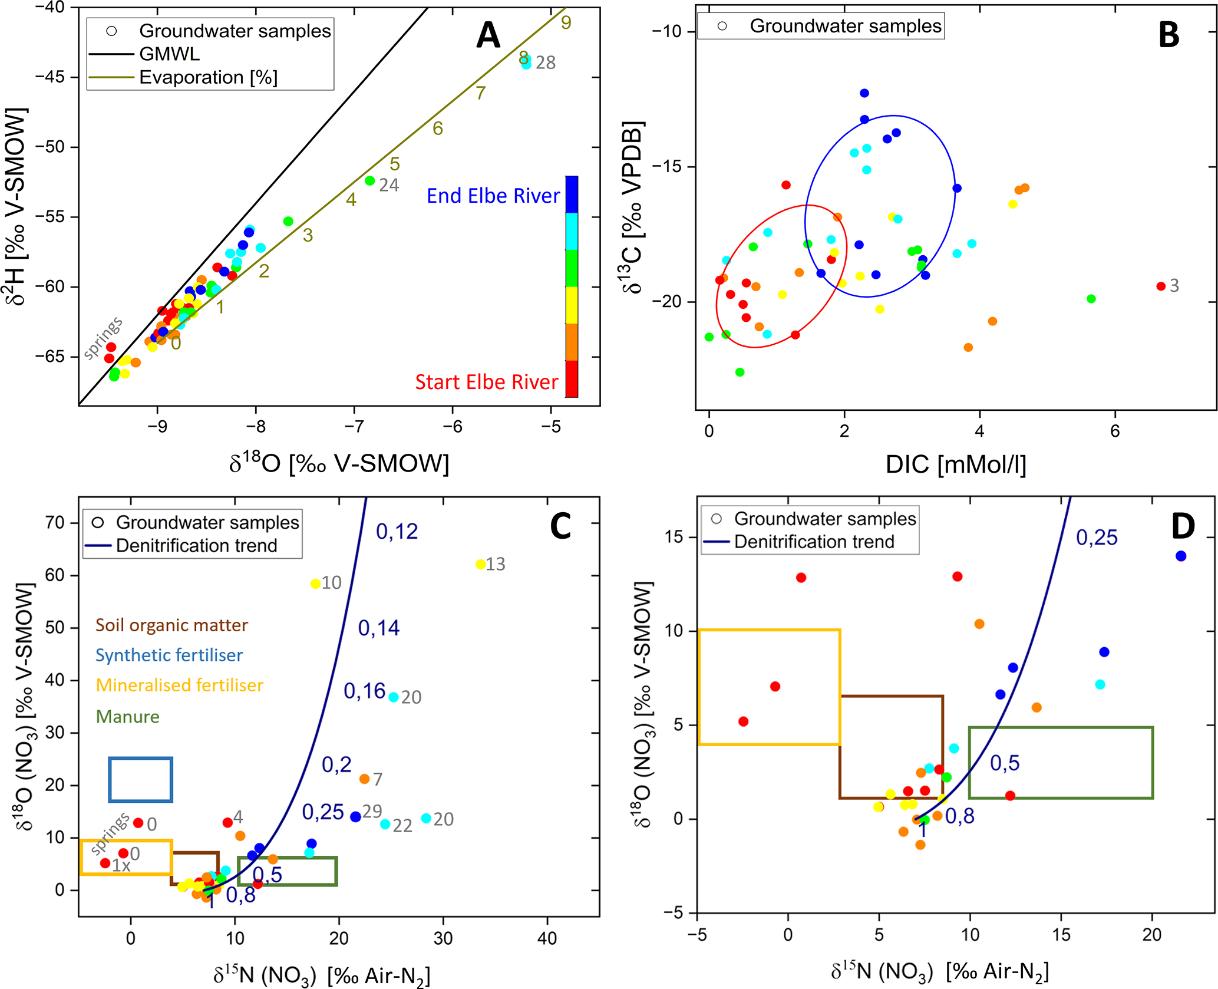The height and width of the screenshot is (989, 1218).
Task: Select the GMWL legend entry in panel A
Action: point(169,54)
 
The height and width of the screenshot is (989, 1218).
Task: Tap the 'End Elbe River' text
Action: point(493,196)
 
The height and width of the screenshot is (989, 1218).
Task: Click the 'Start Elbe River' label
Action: point(486,382)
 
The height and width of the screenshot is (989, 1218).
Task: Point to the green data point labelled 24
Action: point(370,181)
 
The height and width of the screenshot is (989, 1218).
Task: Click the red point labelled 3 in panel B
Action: point(1161,286)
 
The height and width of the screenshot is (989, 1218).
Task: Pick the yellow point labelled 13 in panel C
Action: point(481,565)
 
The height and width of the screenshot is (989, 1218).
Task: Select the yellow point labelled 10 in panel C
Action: point(316,584)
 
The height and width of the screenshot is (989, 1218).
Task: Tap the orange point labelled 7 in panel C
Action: point(364,779)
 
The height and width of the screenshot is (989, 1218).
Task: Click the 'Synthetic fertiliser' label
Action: point(169,655)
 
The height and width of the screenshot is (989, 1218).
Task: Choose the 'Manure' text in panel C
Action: point(127,717)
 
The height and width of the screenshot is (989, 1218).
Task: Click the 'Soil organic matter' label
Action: point(171,625)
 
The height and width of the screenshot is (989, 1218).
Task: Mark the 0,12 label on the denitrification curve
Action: point(397,532)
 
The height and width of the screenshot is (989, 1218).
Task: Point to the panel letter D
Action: point(1183,526)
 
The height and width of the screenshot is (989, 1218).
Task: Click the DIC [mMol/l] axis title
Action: point(956,464)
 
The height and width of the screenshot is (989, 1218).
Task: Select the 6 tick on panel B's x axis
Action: point(1115,431)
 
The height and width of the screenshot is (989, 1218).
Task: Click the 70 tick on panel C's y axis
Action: point(54,523)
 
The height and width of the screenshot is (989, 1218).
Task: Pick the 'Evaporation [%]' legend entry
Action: point(208,78)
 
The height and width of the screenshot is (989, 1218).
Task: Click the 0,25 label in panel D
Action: point(1097,538)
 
